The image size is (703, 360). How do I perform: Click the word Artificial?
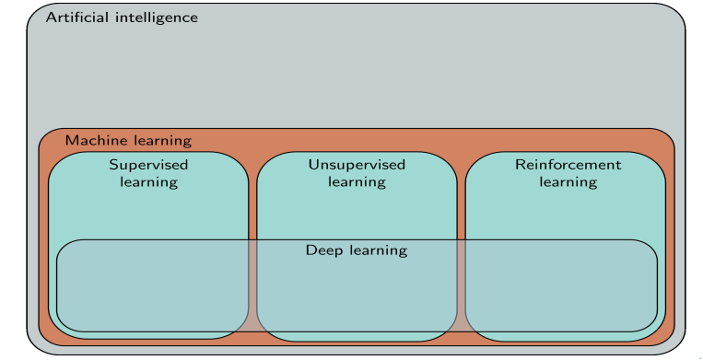[77, 17]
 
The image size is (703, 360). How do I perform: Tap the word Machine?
[93, 141]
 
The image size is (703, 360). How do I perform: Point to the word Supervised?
[149, 166]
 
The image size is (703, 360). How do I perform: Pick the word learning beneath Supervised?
[149, 182]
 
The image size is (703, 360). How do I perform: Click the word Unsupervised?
[357, 166]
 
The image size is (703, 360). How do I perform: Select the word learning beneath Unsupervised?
[357, 182]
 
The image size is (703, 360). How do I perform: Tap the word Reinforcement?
[568, 165]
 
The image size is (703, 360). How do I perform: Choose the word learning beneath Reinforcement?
[568, 182]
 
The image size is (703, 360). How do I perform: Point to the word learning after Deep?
[379, 250]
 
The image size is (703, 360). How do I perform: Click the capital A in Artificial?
[52, 17]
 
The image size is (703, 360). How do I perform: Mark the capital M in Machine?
[72, 141]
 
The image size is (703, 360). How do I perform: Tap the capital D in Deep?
[311, 250]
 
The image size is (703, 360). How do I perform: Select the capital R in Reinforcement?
[521, 165]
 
